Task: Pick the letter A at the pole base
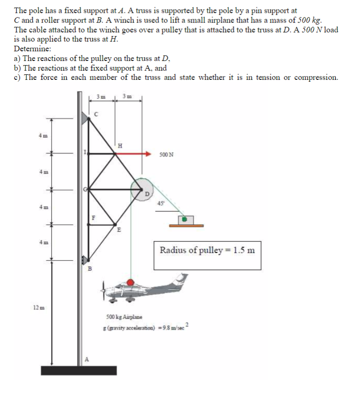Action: pos(86,359)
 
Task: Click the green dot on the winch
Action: pos(184,219)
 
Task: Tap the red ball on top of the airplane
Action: pos(131,282)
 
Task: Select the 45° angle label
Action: pos(161,203)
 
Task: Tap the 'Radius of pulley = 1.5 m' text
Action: pos(207,251)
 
